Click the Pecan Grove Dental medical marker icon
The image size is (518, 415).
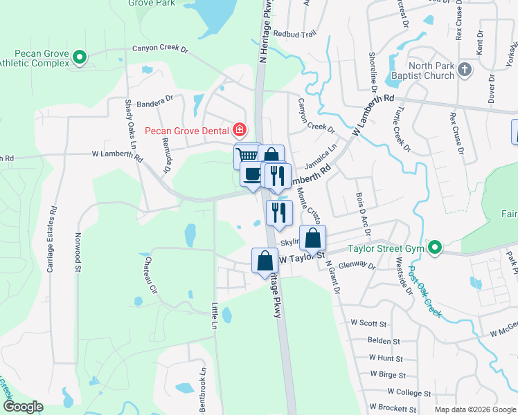(240, 129)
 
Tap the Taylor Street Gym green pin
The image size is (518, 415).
(435, 247)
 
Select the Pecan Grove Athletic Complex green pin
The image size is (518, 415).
(80, 57)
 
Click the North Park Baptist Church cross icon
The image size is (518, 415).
(465, 70)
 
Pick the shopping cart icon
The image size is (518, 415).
(247, 155)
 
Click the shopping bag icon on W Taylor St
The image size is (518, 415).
(265, 261)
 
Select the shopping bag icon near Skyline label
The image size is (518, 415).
(313, 238)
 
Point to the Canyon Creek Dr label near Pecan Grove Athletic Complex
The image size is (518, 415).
(161, 50)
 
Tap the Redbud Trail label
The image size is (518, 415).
(294, 33)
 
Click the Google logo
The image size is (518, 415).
(24, 407)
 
